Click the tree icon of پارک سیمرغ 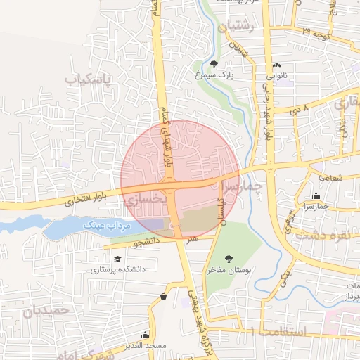coord(214,64)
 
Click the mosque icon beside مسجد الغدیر coord(145,335)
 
